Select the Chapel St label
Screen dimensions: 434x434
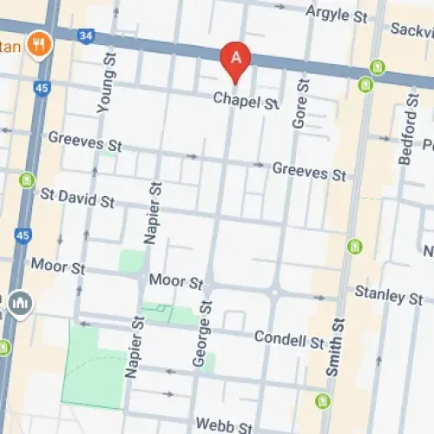coord(247,102)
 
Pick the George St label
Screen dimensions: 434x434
coord(206,333)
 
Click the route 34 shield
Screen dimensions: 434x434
coord(85,35)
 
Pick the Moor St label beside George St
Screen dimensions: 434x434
coord(175,281)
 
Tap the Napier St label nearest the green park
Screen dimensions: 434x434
coord(133,347)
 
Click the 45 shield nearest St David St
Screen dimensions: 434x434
coord(23,235)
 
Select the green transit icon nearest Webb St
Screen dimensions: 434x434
coord(324,401)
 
